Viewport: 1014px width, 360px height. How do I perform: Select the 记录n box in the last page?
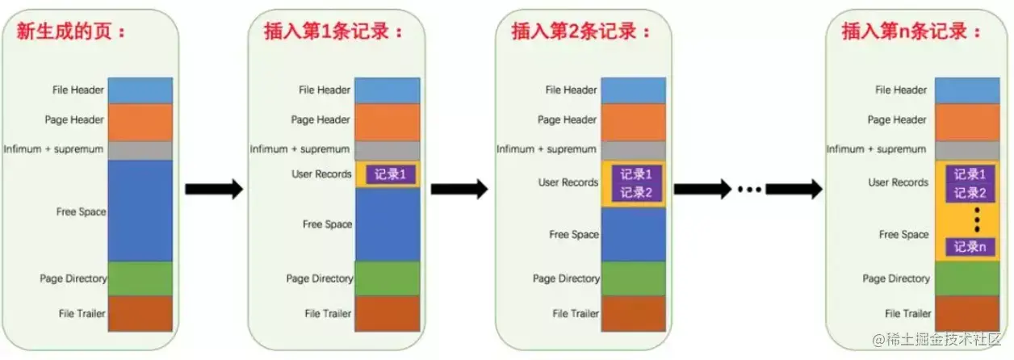pos(970,246)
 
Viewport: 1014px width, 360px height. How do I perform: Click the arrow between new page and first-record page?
pos(213,190)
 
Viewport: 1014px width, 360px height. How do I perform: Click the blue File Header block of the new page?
pos(140,90)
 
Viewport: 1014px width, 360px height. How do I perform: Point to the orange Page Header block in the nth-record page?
pos(967,122)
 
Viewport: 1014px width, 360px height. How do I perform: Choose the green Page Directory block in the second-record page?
pos(634,278)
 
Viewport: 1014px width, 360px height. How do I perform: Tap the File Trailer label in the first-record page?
pos(329,313)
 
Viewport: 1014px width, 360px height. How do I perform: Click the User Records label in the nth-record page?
pos(898,182)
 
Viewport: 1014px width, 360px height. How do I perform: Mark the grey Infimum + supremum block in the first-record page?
pos(388,150)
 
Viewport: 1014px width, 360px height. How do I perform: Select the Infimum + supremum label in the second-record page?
pos(547,149)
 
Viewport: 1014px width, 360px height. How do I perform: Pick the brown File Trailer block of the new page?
pos(140,313)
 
